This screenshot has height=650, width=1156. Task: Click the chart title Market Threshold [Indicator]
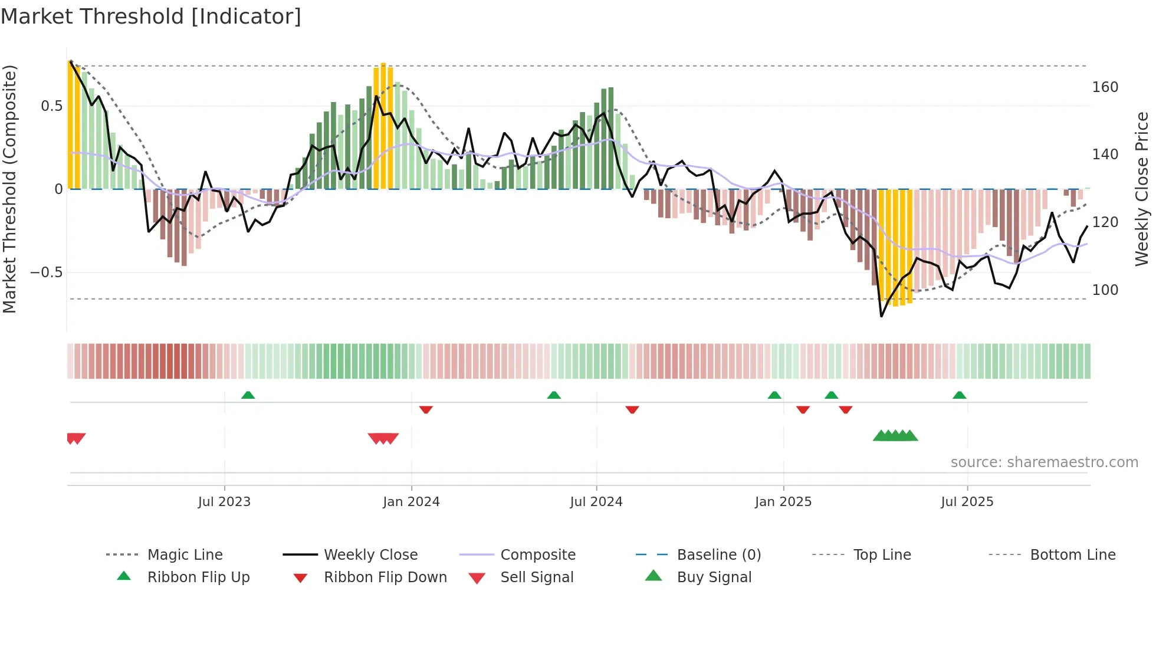pyautogui.click(x=151, y=17)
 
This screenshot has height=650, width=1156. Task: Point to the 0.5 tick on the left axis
pyautogui.click(x=51, y=106)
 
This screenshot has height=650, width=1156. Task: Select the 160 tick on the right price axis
pyautogui.click(x=1105, y=87)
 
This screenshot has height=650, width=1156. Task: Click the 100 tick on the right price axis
pyautogui.click(x=1105, y=290)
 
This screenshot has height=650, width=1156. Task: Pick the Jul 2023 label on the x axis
pyautogui.click(x=224, y=502)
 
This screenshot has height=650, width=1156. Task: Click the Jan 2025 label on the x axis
pyautogui.click(x=783, y=502)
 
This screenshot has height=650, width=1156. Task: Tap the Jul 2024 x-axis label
pyautogui.click(x=596, y=502)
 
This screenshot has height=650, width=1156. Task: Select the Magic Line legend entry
pyautogui.click(x=185, y=555)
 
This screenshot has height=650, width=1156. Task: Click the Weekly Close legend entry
pyautogui.click(x=370, y=555)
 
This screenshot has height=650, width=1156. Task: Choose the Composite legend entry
pyautogui.click(x=537, y=555)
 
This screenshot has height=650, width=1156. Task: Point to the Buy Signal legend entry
pyautogui.click(x=714, y=577)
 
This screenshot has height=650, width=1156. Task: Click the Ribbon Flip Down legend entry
pyautogui.click(x=385, y=577)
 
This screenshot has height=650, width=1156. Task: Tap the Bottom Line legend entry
pyautogui.click(x=1072, y=555)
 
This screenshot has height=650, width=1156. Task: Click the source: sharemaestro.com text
pyautogui.click(x=1044, y=462)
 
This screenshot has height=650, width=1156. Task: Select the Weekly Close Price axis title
pyautogui.click(x=1142, y=189)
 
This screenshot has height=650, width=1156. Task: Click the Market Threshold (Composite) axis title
pyautogui.click(x=9, y=189)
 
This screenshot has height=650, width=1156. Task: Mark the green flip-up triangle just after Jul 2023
pyautogui.click(x=248, y=395)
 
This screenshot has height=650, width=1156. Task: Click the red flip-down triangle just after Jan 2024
pyautogui.click(x=426, y=409)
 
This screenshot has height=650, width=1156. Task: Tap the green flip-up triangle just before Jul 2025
pyautogui.click(x=959, y=395)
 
